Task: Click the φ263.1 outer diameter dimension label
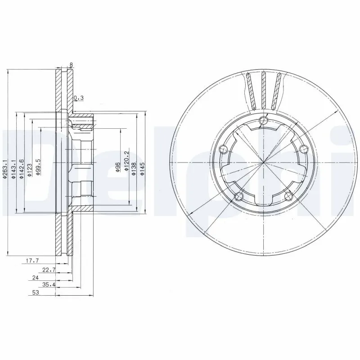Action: pyautogui.click(x=5, y=170)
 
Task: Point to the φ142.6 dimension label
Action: pyautogui.click(x=21, y=170)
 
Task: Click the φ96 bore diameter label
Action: pyautogui.click(x=117, y=167)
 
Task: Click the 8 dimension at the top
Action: pyautogui.click(x=71, y=65)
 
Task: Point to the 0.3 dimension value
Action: pyautogui.click(x=79, y=98)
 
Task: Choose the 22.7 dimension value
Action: pyautogui.click(x=48, y=270)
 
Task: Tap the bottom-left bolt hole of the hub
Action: pyautogui.click(x=239, y=196)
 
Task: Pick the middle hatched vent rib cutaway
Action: pyautogui.click(x=264, y=90)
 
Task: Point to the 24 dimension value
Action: pyautogui.click(x=36, y=278)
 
